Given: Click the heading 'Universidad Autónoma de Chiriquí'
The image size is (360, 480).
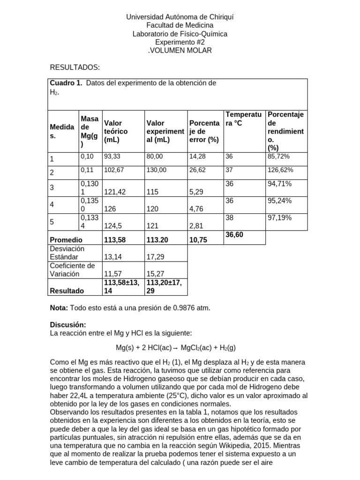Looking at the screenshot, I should (180, 17).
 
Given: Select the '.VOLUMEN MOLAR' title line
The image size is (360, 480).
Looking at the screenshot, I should (180, 50).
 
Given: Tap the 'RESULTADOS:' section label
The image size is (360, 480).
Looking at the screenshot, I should (75, 67).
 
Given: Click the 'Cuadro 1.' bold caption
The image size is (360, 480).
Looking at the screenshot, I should (66, 83).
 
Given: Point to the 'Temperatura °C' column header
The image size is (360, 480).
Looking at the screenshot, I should (243, 119).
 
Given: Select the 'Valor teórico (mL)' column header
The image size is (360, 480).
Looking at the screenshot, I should (116, 131).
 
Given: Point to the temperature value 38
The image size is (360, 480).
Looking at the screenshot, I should (229, 217).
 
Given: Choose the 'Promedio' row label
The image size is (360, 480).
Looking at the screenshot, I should (66, 240).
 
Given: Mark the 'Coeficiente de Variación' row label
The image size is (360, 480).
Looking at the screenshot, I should (72, 270).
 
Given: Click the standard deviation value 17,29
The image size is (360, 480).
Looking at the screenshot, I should (157, 257).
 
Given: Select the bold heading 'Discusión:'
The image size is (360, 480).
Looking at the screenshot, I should (68, 325).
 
